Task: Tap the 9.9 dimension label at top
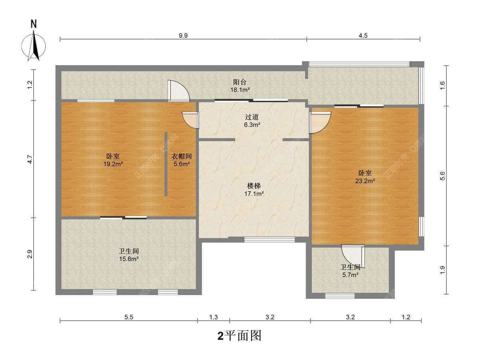(x=183, y=36)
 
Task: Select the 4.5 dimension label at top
(x=363, y=36)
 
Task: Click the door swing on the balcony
(x=178, y=91)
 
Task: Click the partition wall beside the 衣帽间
(x=166, y=164)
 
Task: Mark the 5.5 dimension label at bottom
(x=129, y=317)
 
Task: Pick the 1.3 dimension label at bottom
(x=214, y=317)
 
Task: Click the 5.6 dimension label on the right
(x=442, y=176)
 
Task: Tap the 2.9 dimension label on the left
(x=30, y=254)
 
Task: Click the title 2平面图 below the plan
(x=240, y=336)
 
